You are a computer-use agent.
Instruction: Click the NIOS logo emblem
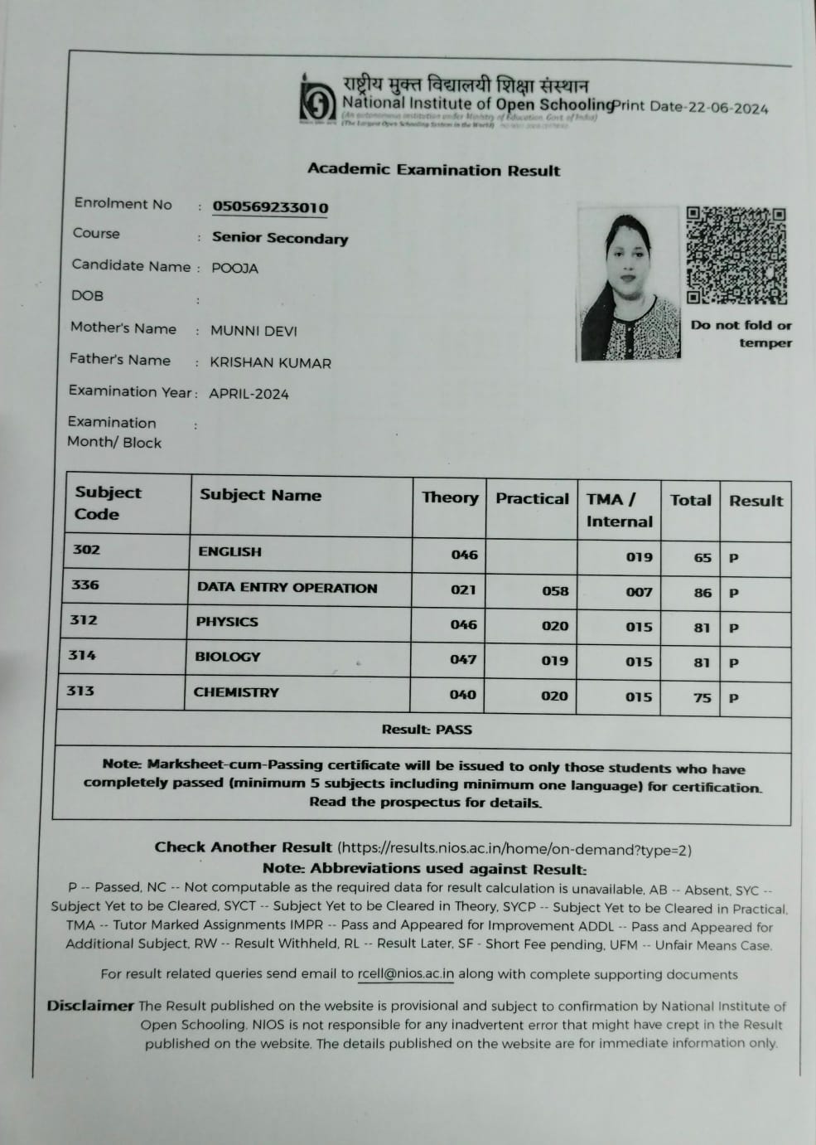(317, 100)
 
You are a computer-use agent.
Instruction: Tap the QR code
(736, 255)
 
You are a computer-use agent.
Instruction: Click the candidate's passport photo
(629, 284)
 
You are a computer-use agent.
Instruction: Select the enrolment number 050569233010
(270, 207)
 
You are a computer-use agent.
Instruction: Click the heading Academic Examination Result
(433, 170)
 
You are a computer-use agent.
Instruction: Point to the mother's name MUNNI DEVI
(253, 331)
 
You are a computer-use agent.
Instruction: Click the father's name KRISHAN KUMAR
(270, 363)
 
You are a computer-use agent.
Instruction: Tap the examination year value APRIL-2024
(249, 395)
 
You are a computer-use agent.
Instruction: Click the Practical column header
(532, 499)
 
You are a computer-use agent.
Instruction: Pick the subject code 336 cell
(85, 585)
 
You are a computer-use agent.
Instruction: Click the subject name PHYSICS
(227, 622)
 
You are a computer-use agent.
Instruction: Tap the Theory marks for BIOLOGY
(463, 660)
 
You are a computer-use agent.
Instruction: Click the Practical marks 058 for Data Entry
(555, 591)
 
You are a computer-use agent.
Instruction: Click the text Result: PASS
(427, 730)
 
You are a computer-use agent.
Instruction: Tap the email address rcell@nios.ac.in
(406, 975)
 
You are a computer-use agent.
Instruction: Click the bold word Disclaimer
(89, 1006)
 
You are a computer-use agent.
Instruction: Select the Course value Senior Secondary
(280, 239)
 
